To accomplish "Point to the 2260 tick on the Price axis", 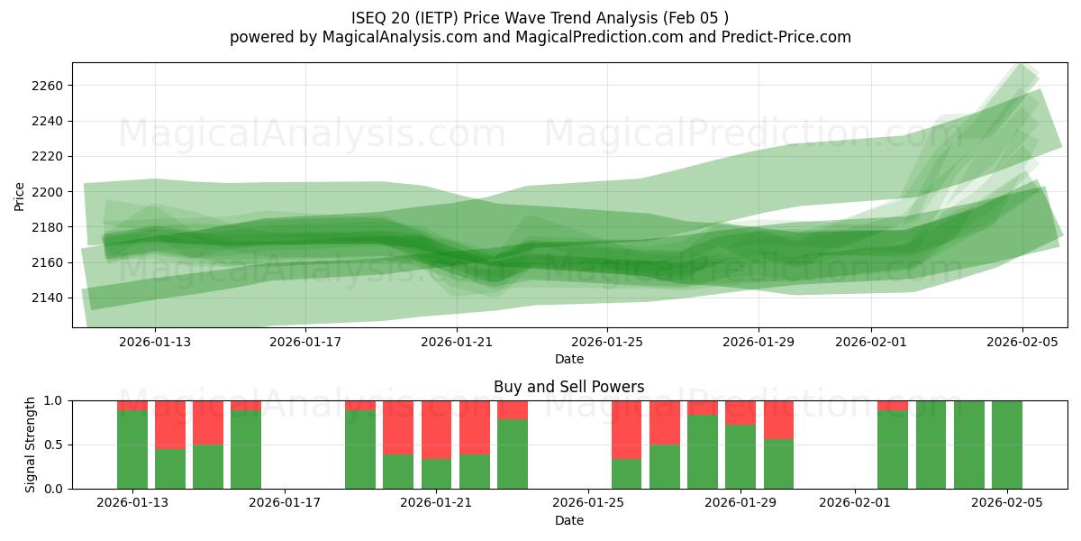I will [49, 86].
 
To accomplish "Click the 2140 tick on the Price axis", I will [49, 298].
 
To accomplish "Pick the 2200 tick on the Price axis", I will [49, 192].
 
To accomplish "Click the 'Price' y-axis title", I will [20, 195].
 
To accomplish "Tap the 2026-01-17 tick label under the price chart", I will [305, 342].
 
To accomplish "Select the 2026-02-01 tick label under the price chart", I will [870, 342].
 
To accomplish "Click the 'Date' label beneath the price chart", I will [568, 359].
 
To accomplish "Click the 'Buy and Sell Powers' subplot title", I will [568, 387].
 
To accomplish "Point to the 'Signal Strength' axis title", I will [31, 444].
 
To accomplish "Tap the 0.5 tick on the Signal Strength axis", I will [54, 445].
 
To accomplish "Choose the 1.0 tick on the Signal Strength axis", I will [54, 400].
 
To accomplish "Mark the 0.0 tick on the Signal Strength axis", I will [54, 489].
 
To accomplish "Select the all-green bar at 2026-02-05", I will [1006, 445].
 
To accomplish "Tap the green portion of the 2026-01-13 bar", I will [132, 450].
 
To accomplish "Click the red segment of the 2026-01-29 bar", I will [740, 412].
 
